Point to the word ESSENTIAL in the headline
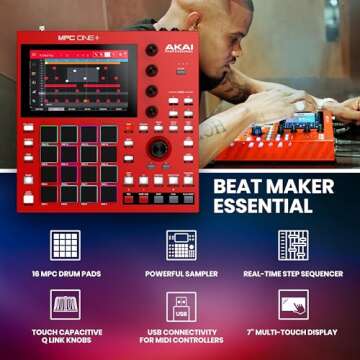click(266, 207)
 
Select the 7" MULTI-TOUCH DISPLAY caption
click(293, 329)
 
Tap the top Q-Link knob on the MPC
click(152, 50)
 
